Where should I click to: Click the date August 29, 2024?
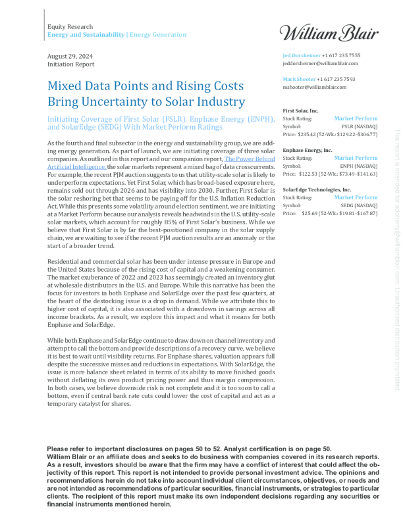click(x=68, y=57)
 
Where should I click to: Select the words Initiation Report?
click(x=70, y=64)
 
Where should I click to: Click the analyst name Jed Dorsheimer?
click(x=301, y=56)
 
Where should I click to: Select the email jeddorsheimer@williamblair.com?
click(x=320, y=64)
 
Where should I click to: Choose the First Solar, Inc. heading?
click(x=300, y=111)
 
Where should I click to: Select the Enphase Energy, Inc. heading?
click(x=307, y=150)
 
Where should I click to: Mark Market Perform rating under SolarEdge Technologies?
click(x=356, y=197)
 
